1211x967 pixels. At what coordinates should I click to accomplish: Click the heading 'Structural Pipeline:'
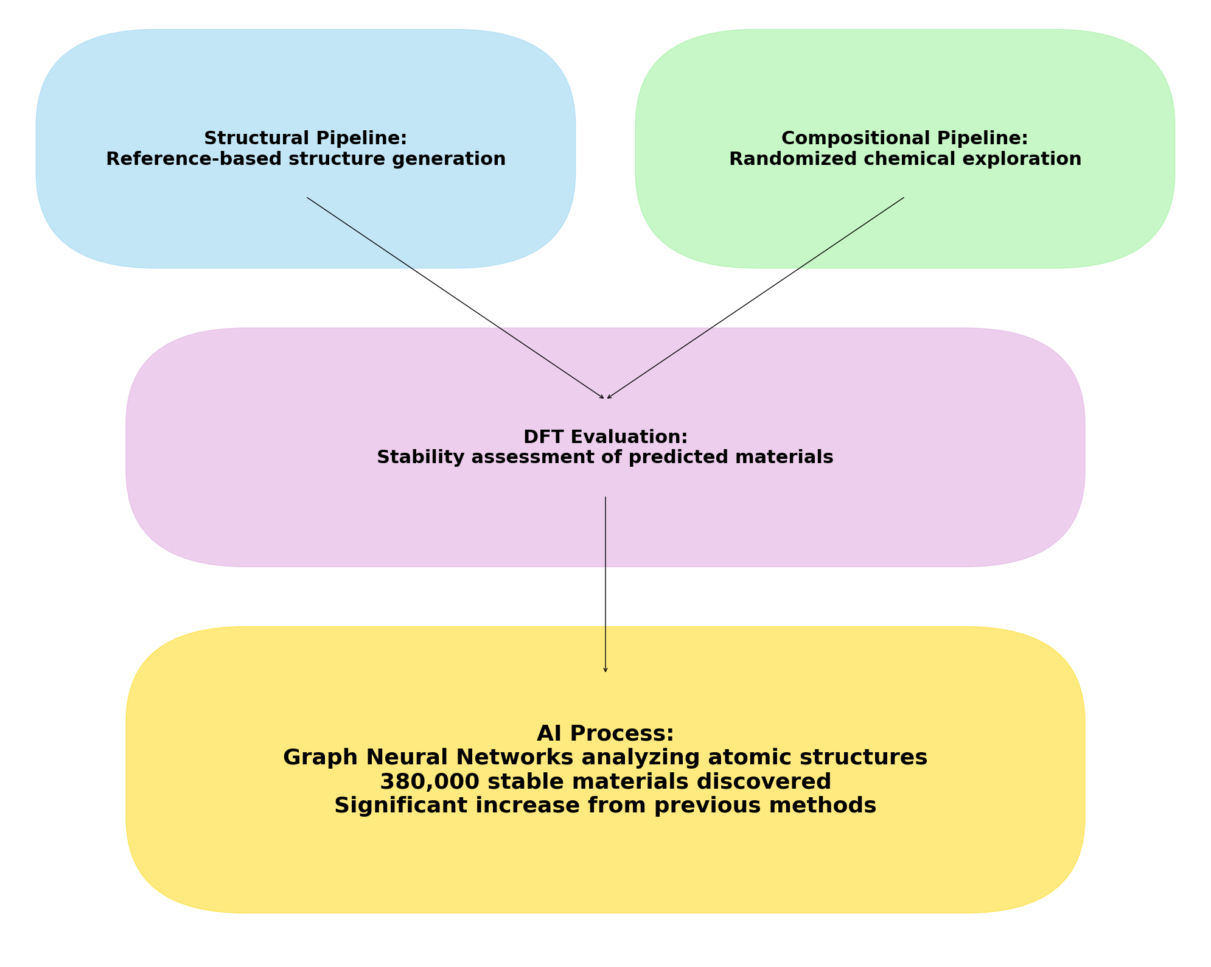pos(305,138)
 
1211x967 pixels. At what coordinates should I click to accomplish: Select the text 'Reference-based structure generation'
pos(305,159)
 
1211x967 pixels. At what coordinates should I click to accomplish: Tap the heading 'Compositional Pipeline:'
pos(904,138)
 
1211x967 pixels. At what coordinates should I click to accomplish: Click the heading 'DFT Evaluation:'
pos(605,437)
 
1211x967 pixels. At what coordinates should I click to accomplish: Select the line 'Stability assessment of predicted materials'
pos(605,457)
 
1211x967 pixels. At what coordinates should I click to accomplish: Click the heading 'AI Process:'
pos(605,733)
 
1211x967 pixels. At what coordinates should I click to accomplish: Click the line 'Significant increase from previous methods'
pos(605,806)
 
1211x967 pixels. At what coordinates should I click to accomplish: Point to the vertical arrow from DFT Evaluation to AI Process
pos(605,584)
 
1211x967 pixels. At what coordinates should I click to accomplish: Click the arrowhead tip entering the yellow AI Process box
pos(605,671)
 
